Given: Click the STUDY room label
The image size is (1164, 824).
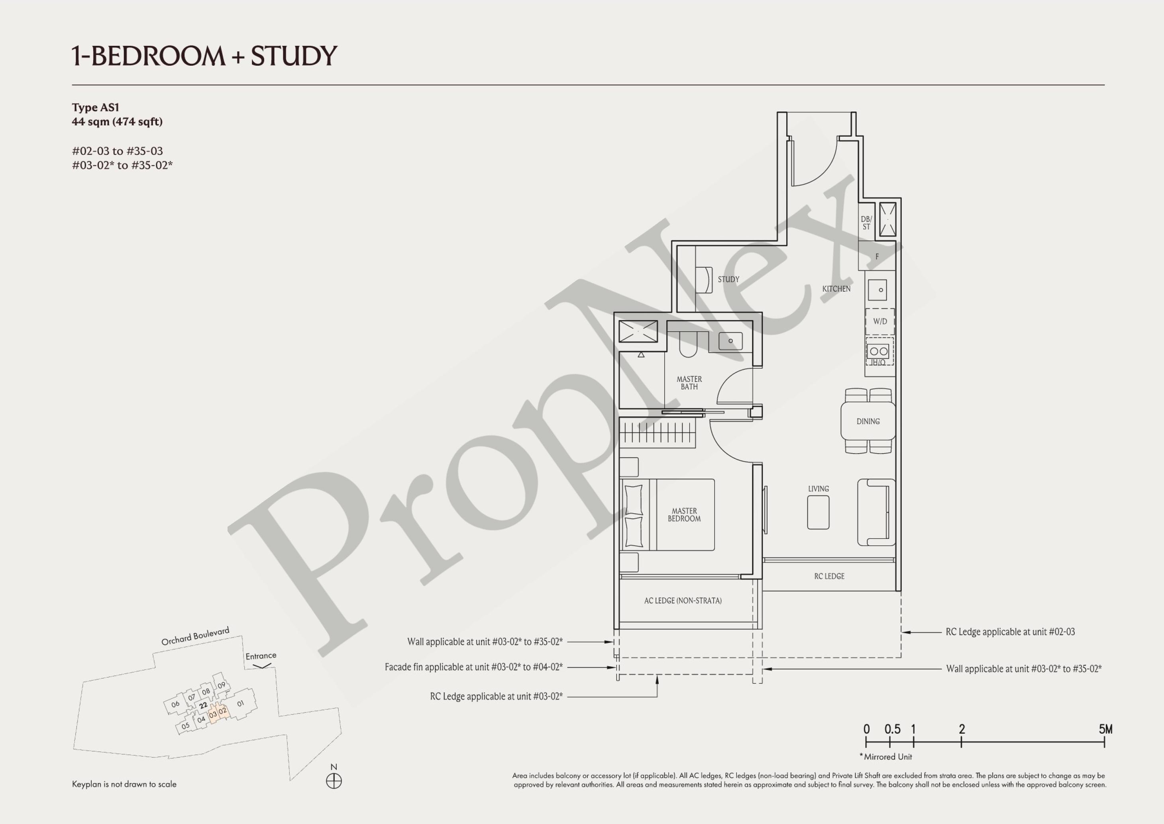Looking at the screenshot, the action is [x=728, y=279].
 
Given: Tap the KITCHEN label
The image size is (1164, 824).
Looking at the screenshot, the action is [x=836, y=289].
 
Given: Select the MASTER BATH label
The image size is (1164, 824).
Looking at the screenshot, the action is [x=689, y=383].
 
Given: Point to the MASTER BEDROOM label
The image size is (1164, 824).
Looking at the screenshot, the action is [x=684, y=515].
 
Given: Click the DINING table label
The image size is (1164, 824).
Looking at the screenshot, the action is [x=868, y=421].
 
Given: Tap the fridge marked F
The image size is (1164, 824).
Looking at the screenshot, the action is [x=877, y=256].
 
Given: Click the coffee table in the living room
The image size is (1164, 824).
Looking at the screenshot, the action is [x=818, y=513].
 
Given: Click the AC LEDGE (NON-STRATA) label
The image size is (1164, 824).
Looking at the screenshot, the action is [x=683, y=601].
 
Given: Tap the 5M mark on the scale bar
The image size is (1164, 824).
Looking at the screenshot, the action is [x=1105, y=730].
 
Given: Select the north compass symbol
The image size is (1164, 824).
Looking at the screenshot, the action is [x=334, y=781].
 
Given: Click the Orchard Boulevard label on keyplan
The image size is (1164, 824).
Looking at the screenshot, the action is [x=195, y=636].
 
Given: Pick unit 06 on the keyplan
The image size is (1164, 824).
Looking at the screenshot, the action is [x=175, y=704].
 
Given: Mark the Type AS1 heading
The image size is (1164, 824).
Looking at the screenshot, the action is [x=95, y=108].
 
